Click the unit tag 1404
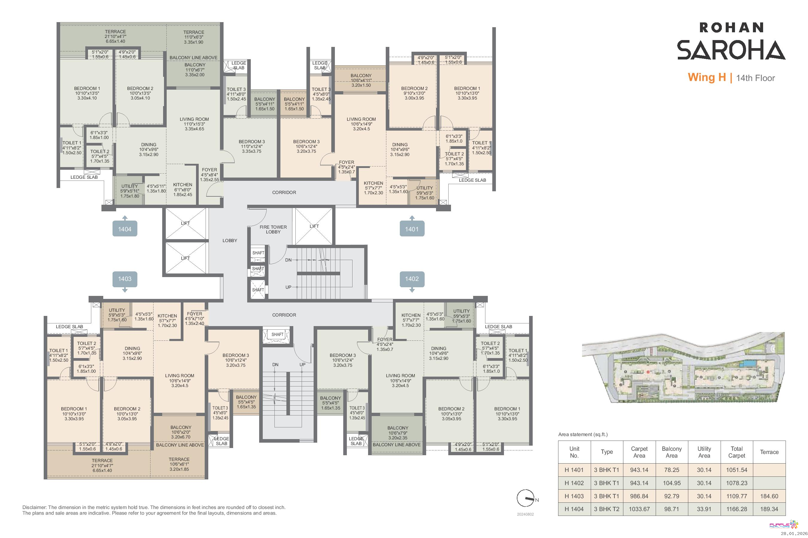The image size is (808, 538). click(125, 229)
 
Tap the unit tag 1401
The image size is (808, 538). click(412, 229)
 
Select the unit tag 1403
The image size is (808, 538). click(125, 279)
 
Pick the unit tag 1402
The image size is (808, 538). click(412, 279)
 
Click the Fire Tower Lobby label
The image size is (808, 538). click(273, 230)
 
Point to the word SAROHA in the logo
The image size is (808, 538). click(731, 50)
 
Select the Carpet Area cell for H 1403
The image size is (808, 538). click(639, 496)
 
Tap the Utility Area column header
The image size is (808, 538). click(704, 452)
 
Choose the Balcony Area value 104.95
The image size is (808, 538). click(672, 483)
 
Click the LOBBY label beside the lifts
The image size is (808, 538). click(230, 241)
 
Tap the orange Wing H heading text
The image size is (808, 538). click(707, 77)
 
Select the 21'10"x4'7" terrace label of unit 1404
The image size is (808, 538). click(116, 36)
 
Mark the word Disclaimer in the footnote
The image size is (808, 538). click(34, 507)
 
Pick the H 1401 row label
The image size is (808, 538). click(574, 470)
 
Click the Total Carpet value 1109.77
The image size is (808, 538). click(736, 496)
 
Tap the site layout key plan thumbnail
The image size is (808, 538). click(683, 367)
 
